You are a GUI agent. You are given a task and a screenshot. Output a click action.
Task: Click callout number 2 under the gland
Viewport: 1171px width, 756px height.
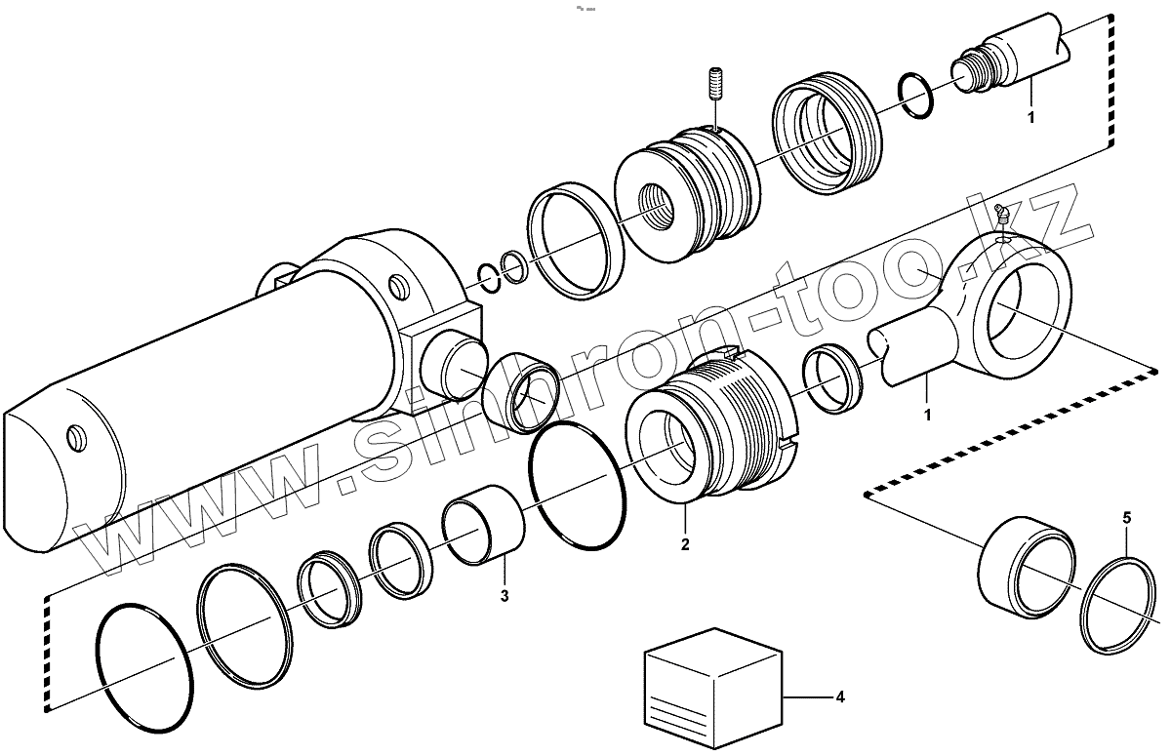coord(685,544)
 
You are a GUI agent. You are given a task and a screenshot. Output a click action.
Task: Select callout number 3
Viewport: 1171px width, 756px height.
coord(505,595)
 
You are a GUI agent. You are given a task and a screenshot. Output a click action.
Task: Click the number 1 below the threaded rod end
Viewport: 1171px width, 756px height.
coord(1030,118)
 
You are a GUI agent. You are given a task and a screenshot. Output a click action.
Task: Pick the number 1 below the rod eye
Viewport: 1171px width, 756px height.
coord(927,415)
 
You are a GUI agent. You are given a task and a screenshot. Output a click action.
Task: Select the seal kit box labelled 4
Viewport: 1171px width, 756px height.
coord(713,687)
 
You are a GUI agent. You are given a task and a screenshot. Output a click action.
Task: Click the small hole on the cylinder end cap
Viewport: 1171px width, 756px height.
coord(73,437)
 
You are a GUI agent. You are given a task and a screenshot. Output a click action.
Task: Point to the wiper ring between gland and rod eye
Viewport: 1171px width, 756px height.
coord(832,378)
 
